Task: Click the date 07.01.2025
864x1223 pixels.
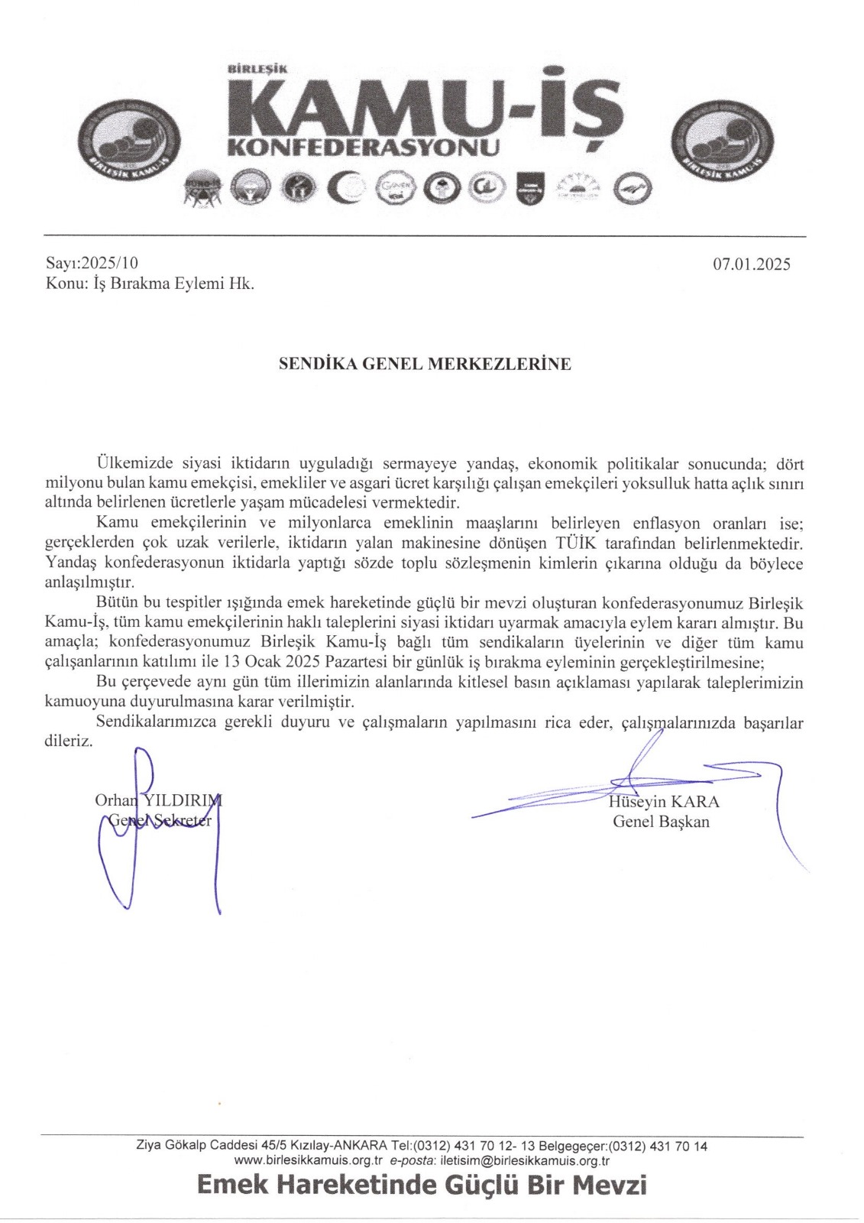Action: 752,264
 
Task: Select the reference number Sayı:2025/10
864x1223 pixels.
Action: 92,263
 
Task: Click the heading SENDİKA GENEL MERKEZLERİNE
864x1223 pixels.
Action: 425,364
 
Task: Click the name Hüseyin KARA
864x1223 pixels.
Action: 664,802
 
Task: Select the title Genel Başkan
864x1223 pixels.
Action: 661,822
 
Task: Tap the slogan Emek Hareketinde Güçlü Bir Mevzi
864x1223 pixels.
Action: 422,1185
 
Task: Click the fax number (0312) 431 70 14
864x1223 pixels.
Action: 662,1146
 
